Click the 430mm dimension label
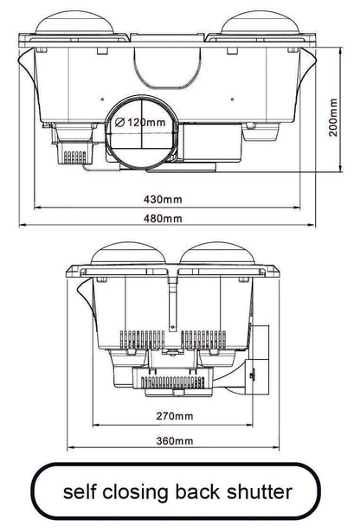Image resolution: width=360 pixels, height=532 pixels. (x=163, y=200)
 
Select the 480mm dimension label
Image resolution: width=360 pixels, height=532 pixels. (x=163, y=218)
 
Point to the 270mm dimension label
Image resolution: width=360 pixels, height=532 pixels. (x=176, y=416)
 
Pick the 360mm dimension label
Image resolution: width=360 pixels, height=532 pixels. (x=176, y=440)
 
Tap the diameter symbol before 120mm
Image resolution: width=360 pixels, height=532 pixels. (x=120, y=123)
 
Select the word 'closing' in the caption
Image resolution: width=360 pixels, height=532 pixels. (x=148, y=493)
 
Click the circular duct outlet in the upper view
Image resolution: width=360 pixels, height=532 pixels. (x=143, y=132)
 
